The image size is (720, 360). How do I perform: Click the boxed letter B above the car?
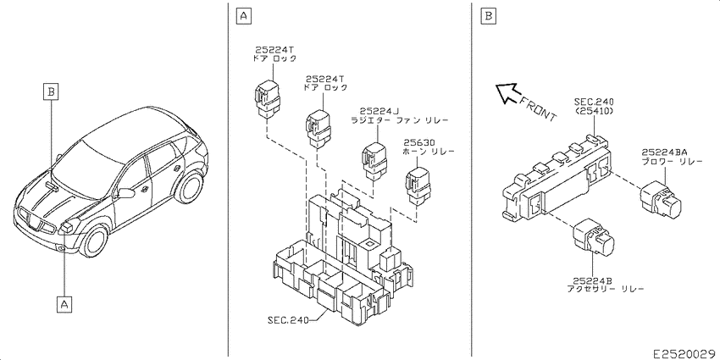(52, 91)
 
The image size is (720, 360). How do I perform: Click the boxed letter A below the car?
(64, 304)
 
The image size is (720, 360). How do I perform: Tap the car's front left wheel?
(96, 242)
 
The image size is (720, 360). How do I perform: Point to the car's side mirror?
(125, 192)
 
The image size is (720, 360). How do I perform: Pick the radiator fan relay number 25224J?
(379, 111)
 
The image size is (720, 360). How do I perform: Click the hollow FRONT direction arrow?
(508, 93)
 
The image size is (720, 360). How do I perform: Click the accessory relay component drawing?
(594, 236)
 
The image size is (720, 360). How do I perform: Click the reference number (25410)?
(594, 110)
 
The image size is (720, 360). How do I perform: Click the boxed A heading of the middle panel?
(243, 17)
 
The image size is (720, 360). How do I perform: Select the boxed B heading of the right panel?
(488, 17)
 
